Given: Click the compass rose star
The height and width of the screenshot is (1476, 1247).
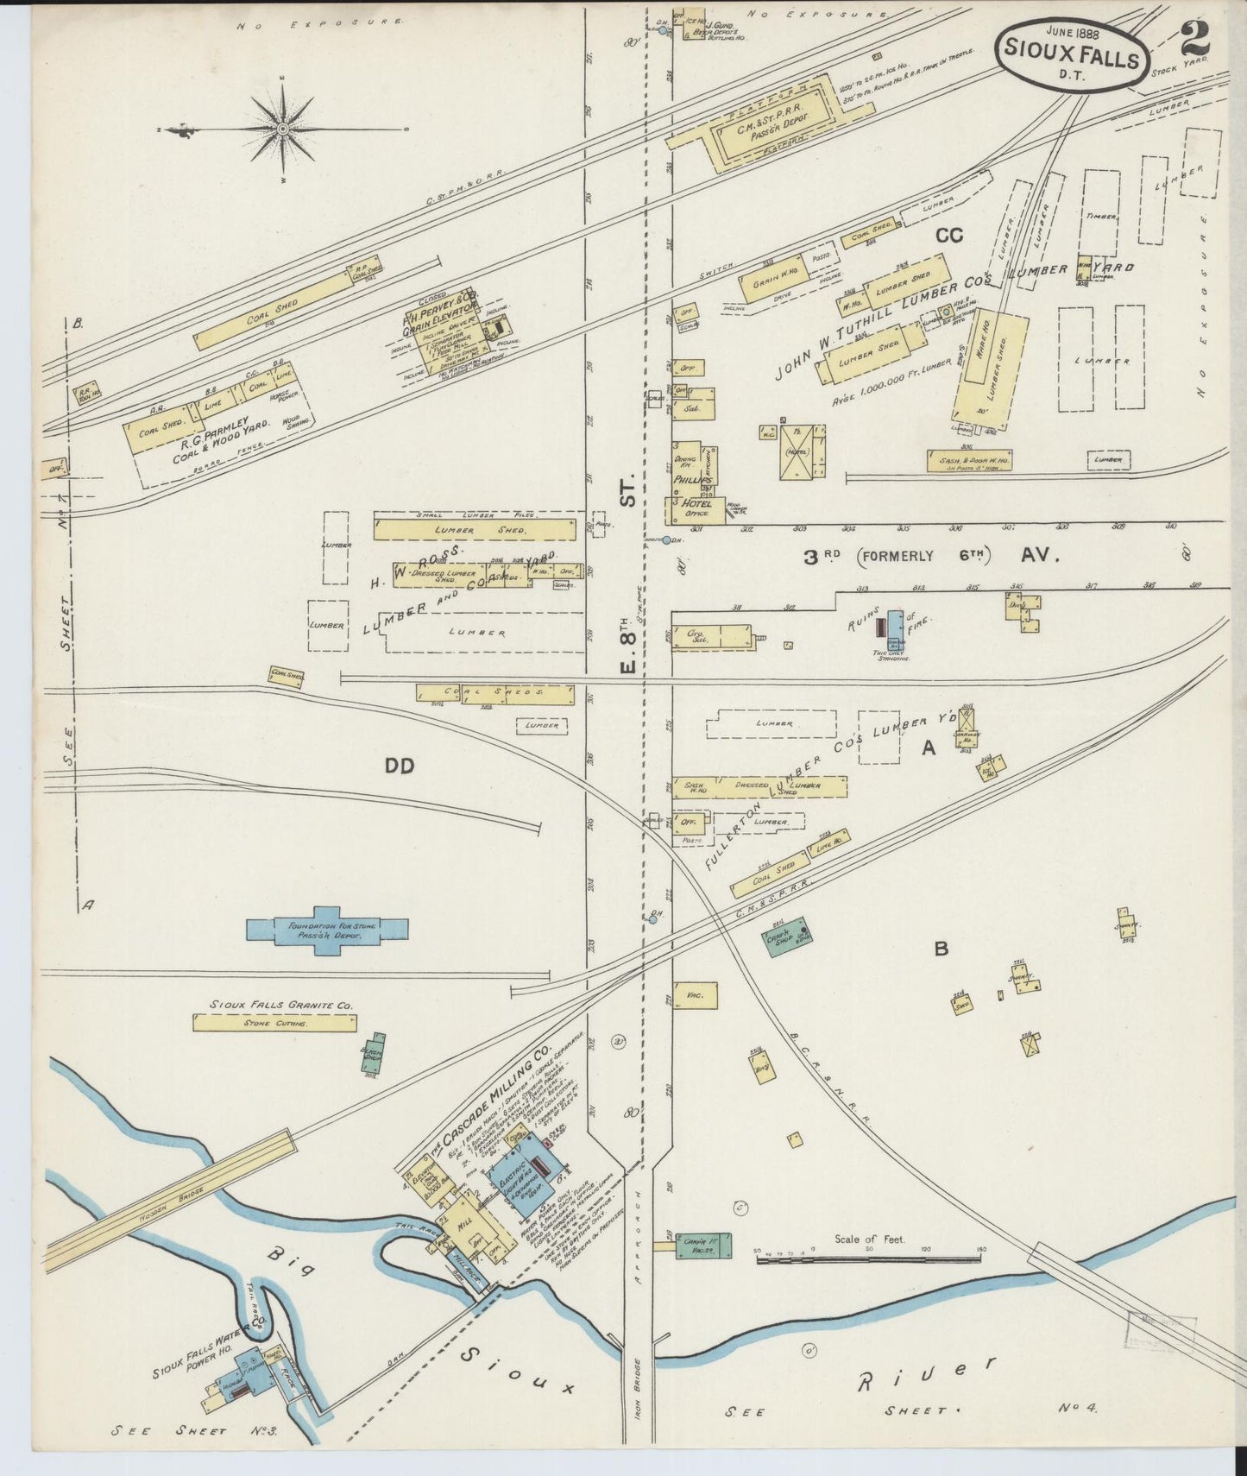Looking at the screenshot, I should click(x=283, y=129).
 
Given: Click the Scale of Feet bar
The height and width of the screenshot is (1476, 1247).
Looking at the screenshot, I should click(x=872, y=1261).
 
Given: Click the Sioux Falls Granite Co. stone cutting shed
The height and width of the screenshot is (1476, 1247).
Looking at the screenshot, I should click(x=274, y=1023).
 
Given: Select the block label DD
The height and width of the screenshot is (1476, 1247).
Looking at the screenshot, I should click(x=400, y=765).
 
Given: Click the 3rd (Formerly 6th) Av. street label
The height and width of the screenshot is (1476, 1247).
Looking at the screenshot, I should click(x=930, y=557).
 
